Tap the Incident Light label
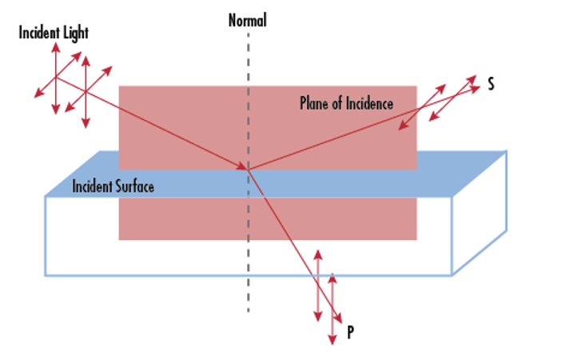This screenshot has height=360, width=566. point(54,33)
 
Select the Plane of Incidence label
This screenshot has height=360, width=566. point(346,103)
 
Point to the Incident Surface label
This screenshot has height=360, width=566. point(113,186)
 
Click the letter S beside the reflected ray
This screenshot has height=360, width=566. point(490,83)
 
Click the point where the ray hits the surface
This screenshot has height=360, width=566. point(248,169)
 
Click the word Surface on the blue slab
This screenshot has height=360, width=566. point(134,186)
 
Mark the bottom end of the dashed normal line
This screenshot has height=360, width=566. point(247,310)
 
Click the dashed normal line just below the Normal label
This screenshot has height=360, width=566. point(247,40)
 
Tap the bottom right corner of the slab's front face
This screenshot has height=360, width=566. point(453,275)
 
